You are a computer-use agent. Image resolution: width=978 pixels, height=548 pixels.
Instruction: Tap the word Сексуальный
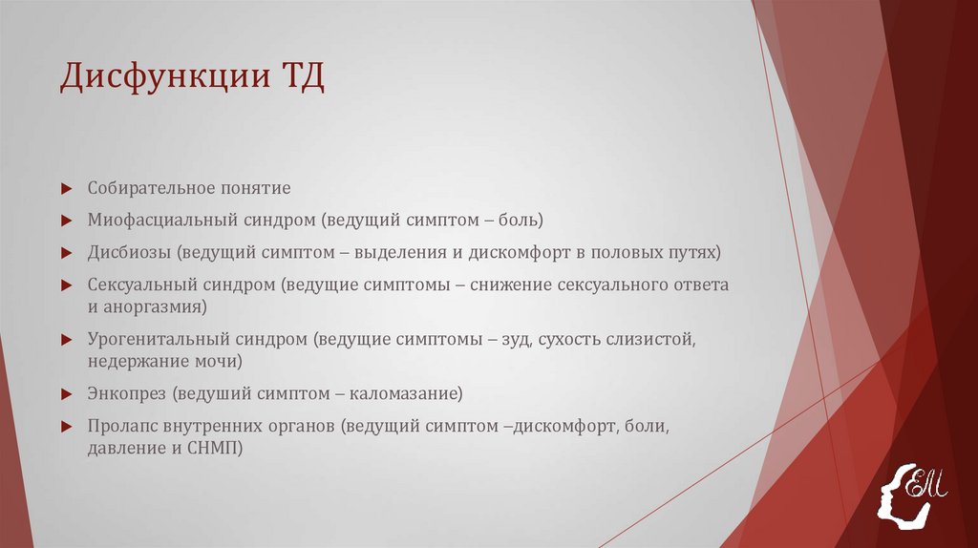(x=142, y=285)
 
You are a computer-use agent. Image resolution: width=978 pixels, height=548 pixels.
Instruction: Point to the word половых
(x=624, y=253)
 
